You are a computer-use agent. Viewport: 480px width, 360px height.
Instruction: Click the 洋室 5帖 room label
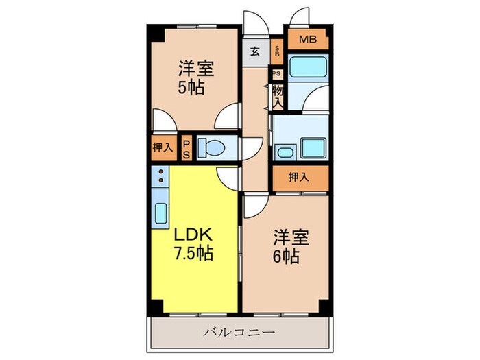click(x=196, y=78)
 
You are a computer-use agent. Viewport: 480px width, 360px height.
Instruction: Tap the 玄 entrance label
click(x=254, y=51)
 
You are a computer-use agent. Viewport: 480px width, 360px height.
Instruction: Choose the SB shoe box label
click(x=276, y=51)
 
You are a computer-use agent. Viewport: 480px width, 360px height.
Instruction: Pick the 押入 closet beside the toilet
click(x=163, y=147)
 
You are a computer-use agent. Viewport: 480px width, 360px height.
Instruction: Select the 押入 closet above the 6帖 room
click(x=299, y=177)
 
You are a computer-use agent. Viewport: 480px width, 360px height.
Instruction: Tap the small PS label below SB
click(x=276, y=73)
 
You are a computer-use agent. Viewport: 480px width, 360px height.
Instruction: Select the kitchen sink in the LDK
click(x=161, y=215)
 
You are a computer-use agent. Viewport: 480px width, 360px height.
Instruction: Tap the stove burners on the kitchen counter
click(x=161, y=178)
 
